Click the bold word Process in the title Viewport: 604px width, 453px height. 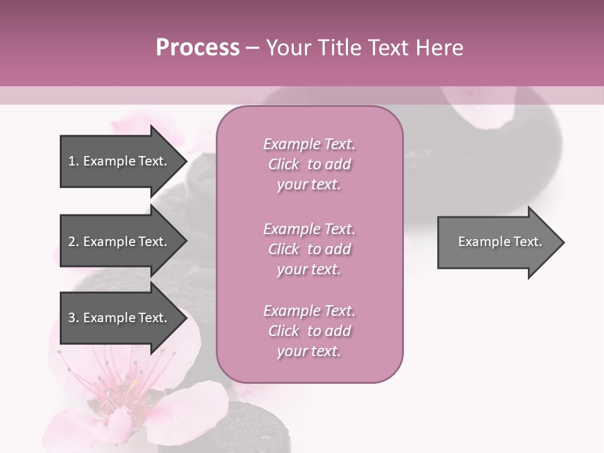[x=198, y=48]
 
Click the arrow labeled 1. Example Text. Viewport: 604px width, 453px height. [x=120, y=161]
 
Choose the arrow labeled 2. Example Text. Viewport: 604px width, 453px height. [x=120, y=242]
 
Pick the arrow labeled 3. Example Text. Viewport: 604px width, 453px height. [x=120, y=318]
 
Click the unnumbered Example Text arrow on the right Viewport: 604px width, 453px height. [x=497, y=242]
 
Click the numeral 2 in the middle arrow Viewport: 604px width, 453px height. [x=72, y=242]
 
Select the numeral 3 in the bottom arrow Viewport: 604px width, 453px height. [x=72, y=318]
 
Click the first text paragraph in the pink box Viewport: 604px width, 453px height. [x=309, y=164]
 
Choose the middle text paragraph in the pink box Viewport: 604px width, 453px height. [x=309, y=249]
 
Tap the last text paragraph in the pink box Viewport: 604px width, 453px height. [x=309, y=331]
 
